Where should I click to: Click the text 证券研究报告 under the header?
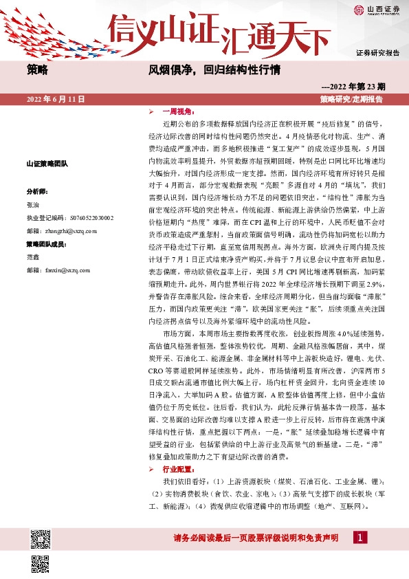377,52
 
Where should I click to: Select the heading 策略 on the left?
37,69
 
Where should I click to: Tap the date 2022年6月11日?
56,100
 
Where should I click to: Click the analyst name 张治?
33,205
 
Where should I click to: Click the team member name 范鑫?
33,257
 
